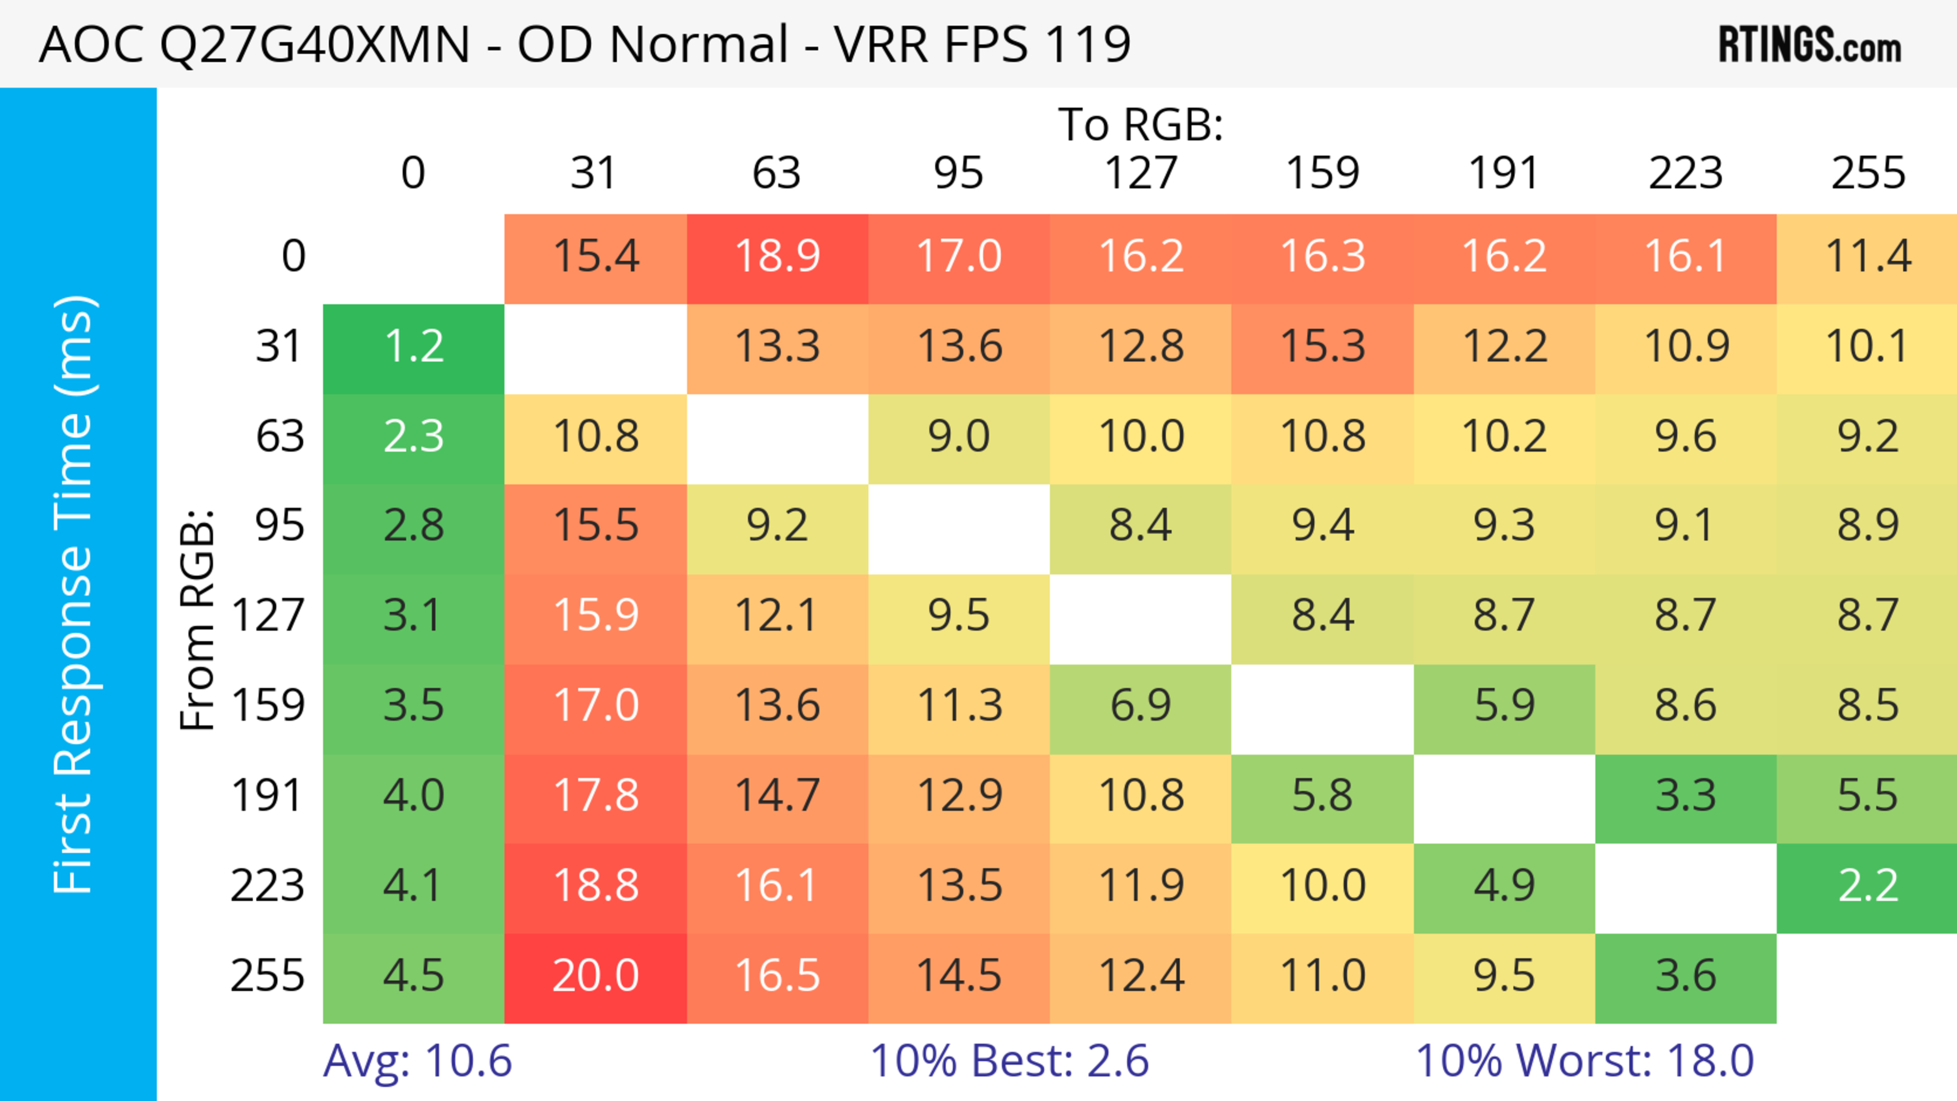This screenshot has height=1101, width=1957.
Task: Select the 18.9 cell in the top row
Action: click(x=777, y=257)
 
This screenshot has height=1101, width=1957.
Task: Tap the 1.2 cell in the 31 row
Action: click(x=413, y=347)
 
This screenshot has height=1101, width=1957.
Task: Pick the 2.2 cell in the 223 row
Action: click(x=1867, y=886)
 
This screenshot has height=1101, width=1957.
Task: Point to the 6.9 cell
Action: click(x=1141, y=706)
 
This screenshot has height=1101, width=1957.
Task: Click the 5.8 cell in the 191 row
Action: click(x=1322, y=796)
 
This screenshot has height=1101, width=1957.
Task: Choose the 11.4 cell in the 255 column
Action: click(x=1867, y=257)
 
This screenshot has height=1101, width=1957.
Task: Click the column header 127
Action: click(x=1141, y=173)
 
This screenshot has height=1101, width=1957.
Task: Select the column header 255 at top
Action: click(x=1867, y=173)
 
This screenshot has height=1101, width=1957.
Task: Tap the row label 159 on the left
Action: click(x=268, y=706)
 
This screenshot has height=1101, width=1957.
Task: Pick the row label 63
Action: click(x=280, y=437)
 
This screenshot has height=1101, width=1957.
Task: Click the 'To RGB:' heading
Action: click(x=1141, y=124)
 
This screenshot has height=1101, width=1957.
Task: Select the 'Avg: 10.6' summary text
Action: click(x=417, y=1061)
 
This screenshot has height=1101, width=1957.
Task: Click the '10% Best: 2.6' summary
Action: click(x=1009, y=1061)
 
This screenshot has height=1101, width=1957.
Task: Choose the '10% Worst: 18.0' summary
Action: click(x=1584, y=1061)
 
